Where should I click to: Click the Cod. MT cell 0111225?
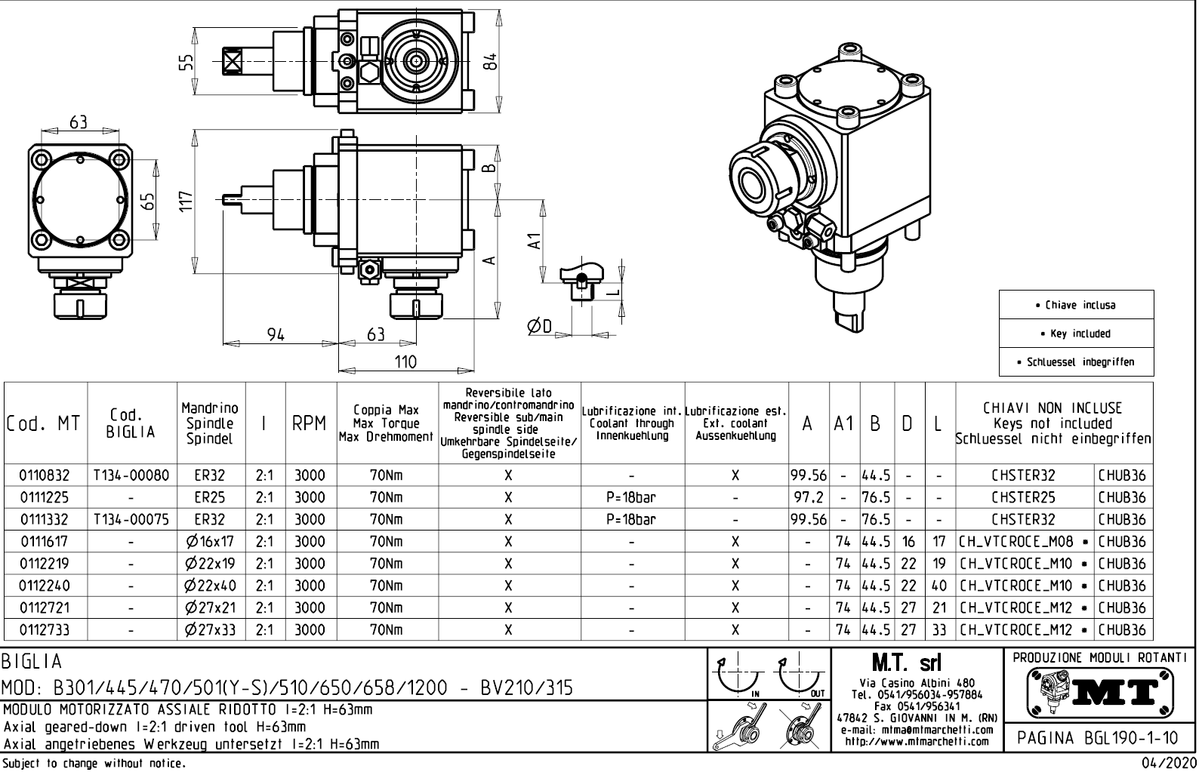click(44, 498)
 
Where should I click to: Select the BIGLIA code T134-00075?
click(132, 520)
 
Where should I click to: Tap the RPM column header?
click(310, 424)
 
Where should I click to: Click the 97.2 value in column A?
click(808, 498)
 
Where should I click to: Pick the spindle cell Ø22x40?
click(211, 586)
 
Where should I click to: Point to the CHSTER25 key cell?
click(1024, 498)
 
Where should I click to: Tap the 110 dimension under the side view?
click(405, 362)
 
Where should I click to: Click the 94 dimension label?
click(276, 334)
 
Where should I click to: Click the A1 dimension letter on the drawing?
click(534, 241)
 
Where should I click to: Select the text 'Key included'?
click(1075, 334)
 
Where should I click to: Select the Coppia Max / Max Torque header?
click(387, 424)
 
